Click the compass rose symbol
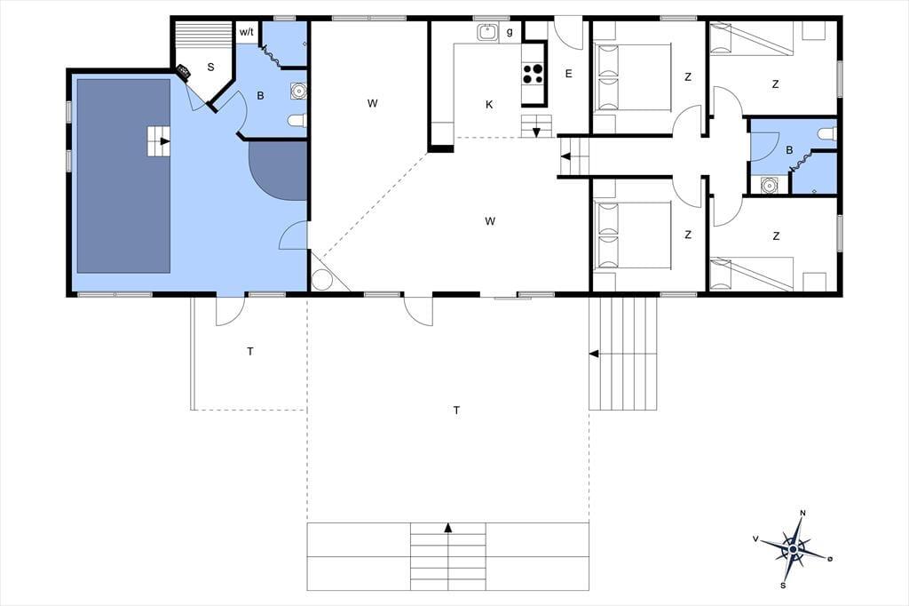[793, 548]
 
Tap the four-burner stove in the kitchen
[534, 74]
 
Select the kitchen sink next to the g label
[487, 32]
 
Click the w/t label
[247, 33]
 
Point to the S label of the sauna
[210, 68]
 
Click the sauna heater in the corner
[183, 72]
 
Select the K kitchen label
[489, 105]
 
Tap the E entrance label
[569, 74]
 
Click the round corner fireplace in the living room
[321, 279]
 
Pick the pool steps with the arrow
[158, 141]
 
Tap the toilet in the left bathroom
[296, 121]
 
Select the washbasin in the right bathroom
[770, 186]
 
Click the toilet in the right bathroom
[827, 133]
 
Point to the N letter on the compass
[802, 513]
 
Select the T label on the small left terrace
[250, 351]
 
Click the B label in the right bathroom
[789, 150]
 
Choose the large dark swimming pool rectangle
[123, 176]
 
